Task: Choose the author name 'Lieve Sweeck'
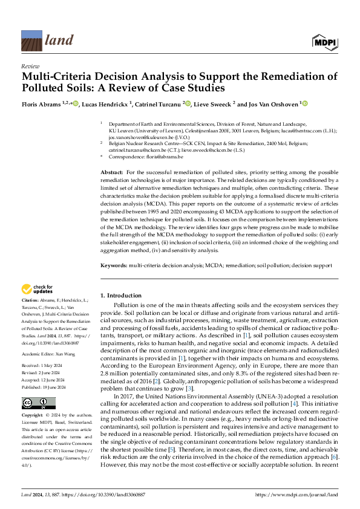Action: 212,104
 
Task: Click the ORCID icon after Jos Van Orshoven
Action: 304,104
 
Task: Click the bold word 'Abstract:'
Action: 112,173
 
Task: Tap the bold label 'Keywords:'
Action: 114,264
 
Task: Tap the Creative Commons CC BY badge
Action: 31,387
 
